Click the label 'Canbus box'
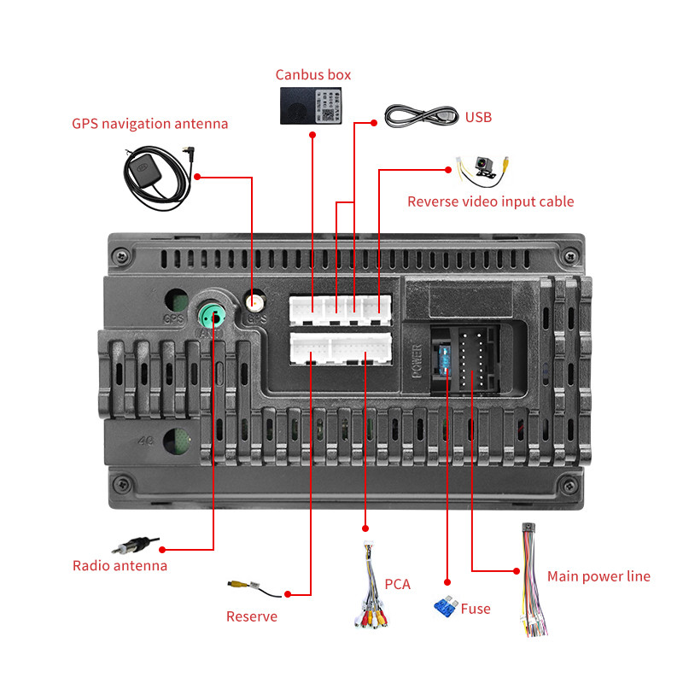pos(312,75)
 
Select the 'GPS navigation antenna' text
pos(150,124)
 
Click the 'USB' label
pos(478,117)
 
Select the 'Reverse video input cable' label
pos(490,201)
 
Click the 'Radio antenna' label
pos(120,565)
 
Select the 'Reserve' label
pos(251,616)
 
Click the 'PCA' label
pos(397,584)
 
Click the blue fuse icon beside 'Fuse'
pos(444,607)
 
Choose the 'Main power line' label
pos(598,576)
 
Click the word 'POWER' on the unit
pos(417,360)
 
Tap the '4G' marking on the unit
pos(145,443)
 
